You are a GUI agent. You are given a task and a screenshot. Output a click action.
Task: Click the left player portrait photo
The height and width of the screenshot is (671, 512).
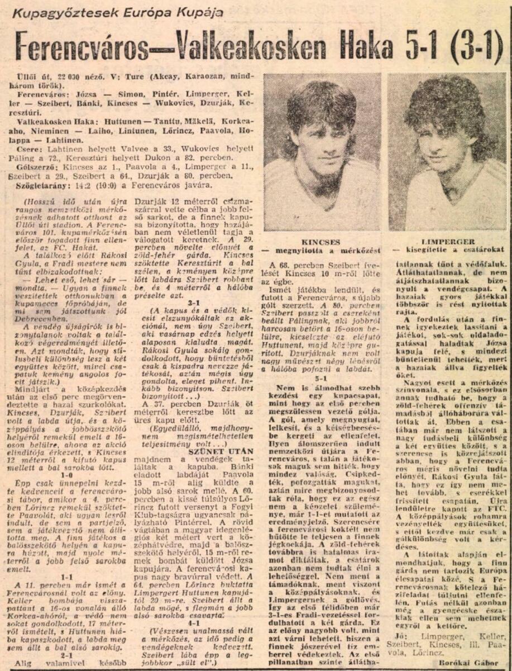tap(322, 152)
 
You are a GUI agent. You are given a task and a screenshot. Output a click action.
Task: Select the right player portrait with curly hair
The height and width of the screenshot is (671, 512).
tap(447, 152)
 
